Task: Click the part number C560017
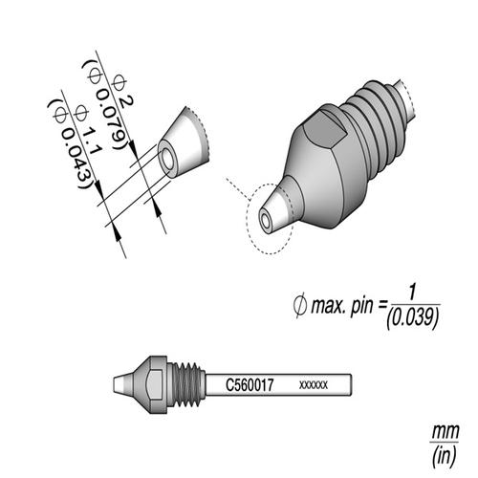pos(250,381)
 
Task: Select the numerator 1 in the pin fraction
pos(411,292)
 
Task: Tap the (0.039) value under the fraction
pos(412,322)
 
